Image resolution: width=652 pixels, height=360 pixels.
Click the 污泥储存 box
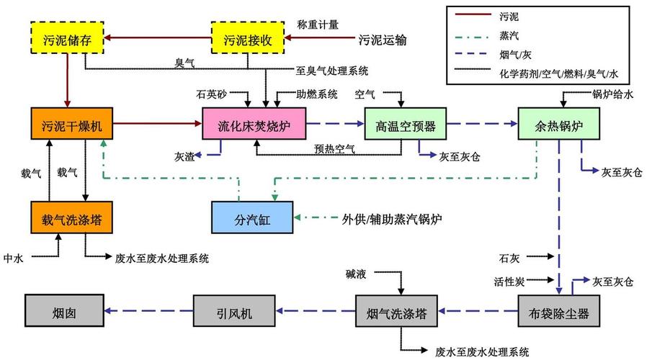pos(67,40)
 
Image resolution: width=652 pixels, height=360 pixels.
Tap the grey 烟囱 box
pos(64,312)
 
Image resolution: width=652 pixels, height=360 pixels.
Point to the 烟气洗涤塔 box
pos(396,312)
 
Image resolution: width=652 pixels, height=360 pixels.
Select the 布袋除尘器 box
pos(559,312)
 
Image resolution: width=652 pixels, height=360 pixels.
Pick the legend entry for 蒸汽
pos(508,32)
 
